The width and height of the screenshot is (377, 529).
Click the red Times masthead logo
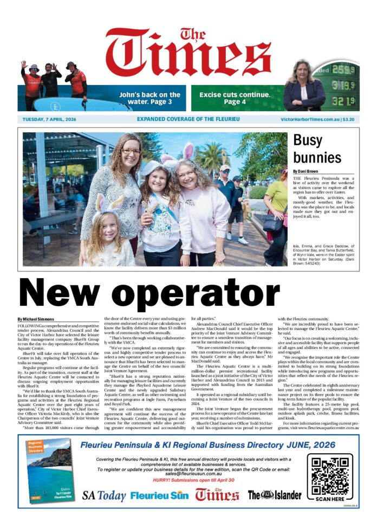pos(188,55)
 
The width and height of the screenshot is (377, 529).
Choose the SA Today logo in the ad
pos(104,495)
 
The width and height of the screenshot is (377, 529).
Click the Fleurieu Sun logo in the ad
pos(160,495)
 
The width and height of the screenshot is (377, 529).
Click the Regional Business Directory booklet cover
pos(49,473)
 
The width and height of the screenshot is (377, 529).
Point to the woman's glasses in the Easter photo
pos(131,152)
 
